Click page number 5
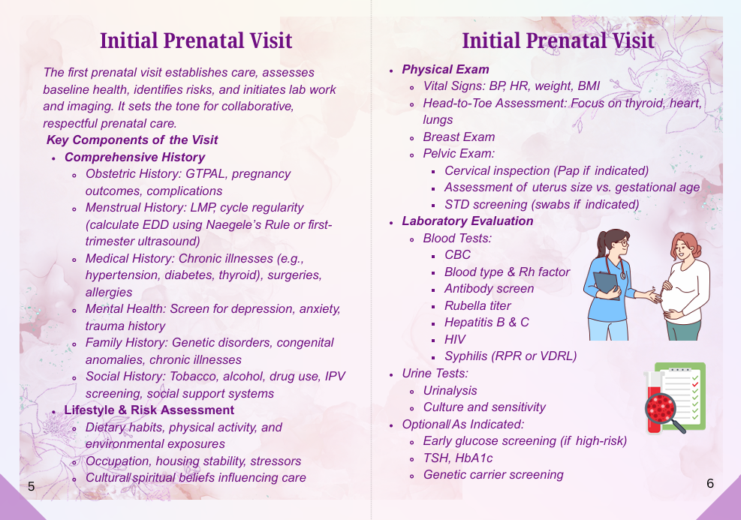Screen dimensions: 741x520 tap(32, 486)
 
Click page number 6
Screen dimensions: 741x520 tap(709, 483)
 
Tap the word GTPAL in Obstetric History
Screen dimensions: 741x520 tap(205, 174)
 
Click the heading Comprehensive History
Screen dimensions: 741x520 tap(134, 158)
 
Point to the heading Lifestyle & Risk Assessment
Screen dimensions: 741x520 tap(149, 410)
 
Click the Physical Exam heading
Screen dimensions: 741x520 tap(445, 70)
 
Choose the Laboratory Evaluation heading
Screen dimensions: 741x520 tap(468, 221)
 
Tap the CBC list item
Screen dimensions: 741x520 tap(457, 255)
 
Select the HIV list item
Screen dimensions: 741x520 tap(455, 340)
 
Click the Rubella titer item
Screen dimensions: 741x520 tap(477, 305)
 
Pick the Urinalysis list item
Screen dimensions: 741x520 tap(450, 391)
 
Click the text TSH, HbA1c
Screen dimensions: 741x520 tap(457, 458)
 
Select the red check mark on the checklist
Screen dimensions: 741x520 tap(695, 385)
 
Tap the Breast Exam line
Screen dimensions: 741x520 tap(459, 137)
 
